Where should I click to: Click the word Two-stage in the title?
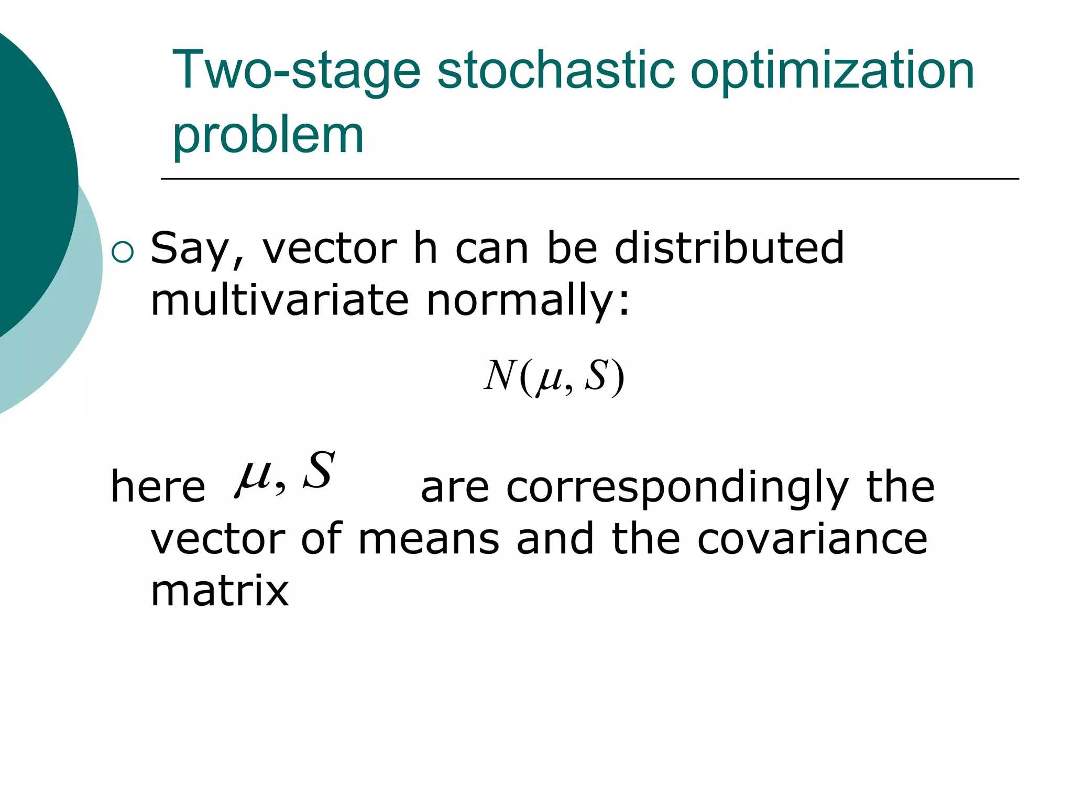[296, 71]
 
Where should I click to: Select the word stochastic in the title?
[555, 71]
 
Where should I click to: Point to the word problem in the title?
[268, 135]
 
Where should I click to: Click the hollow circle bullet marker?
[123, 253]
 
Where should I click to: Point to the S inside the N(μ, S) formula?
[597, 376]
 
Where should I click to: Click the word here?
[158, 487]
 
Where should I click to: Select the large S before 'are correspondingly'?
[319, 470]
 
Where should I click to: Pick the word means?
[429, 540]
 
